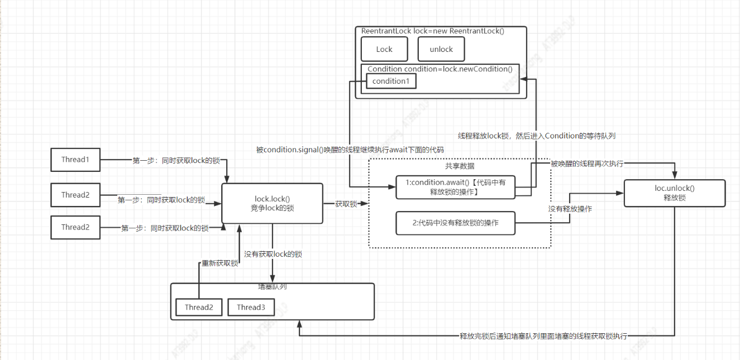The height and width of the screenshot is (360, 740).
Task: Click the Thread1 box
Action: coord(75,160)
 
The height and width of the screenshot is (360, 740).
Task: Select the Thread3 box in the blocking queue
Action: coord(251,307)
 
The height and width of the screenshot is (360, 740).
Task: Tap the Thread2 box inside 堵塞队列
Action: coord(199,307)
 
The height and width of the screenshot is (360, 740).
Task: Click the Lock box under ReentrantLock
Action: coord(384,49)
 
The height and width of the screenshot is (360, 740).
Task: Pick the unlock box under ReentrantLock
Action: coord(441,49)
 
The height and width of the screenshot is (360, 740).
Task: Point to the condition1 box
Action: coord(391,81)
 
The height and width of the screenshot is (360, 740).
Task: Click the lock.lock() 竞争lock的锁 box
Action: coord(273,203)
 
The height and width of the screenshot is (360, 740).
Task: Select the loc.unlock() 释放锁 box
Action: coord(675,193)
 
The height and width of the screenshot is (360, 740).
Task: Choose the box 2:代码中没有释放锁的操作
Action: coord(455,223)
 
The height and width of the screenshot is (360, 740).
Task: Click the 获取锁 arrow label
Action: coord(346,204)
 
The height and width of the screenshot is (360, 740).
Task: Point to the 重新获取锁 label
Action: coord(219,263)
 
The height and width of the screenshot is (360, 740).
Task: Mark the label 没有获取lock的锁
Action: coord(273,254)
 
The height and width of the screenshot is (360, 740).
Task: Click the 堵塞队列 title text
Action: coord(273,287)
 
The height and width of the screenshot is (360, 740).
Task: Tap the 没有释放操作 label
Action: coord(570,209)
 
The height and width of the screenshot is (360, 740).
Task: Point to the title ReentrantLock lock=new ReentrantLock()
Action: coord(433,31)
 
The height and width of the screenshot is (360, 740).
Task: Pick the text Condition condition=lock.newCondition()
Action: coord(440,69)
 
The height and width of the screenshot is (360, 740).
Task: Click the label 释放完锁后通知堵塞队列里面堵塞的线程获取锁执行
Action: coord(543,336)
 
